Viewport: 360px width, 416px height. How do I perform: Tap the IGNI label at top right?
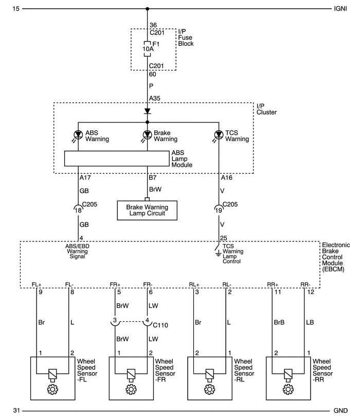[x=340, y=9]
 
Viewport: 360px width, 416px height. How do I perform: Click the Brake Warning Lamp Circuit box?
[x=148, y=210]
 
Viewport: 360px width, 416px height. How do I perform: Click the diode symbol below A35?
[x=148, y=111]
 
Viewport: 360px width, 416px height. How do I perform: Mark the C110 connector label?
[x=161, y=325]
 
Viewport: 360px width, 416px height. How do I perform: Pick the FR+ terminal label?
[x=115, y=284]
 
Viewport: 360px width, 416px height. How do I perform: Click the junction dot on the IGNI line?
[x=148, y=9]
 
